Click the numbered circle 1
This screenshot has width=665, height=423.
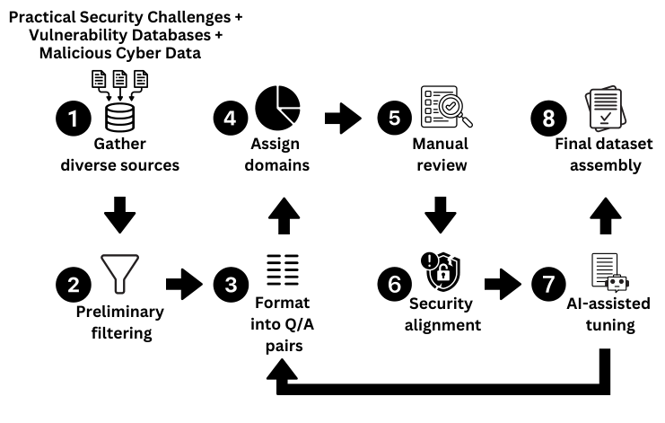click(72, 118)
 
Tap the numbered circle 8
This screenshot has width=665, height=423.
click(547, 118)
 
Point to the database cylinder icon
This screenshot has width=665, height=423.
click(119, 115)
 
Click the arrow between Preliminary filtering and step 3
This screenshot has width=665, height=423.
click(186, 284)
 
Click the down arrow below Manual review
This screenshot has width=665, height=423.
click(439, 217)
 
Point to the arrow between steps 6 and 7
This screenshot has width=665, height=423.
click(503, 284)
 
